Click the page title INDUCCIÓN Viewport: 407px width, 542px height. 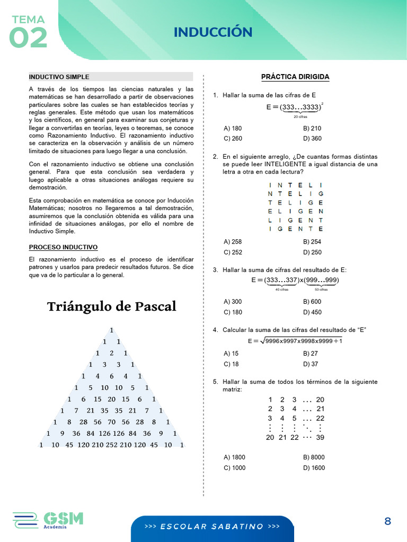click(213, 32)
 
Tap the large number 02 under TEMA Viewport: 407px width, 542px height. click(28, 38)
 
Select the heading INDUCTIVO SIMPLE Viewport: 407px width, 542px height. click(59, 77)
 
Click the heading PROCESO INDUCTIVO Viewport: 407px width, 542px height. click(63, 247)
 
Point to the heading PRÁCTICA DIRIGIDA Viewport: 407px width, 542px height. click(295, 77)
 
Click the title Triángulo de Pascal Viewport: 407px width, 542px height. click(111, 306)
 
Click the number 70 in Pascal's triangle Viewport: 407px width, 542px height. click(111, 422)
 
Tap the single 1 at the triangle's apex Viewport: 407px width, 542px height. click(111, 330)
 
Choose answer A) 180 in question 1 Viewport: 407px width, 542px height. click(233, 128)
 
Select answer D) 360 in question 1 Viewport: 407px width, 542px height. click(312, 139)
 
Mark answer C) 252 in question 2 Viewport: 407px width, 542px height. click(233, 252)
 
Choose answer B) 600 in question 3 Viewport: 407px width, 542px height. click(312, 302)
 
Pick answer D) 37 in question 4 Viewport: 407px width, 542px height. click(311, 364)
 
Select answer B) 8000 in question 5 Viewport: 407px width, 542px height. click(314, 457)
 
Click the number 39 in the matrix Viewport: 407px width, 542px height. click(320, 437)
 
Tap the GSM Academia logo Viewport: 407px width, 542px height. click(48, 520)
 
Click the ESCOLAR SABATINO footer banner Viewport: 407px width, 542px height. click(212, 527)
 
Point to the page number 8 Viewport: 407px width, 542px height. click(387, 521)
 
